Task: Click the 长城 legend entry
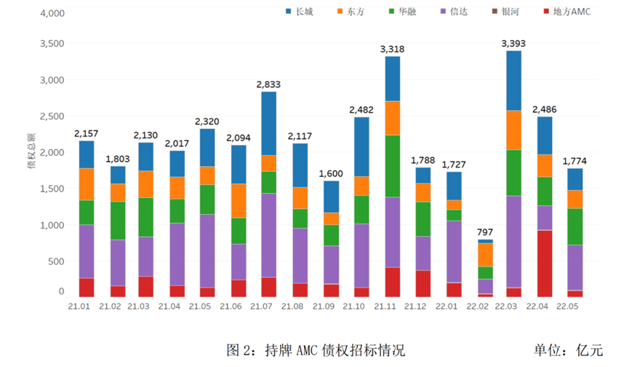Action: (298, 12)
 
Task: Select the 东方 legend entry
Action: (351, 12)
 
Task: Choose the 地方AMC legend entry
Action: (566, 12)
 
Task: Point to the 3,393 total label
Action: (513, 44)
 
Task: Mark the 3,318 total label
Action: (393, 49)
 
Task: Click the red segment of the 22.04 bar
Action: (544, 263)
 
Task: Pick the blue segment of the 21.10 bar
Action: (362, 146)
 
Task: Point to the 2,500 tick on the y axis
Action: (52, 117)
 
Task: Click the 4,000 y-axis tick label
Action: (52, 14)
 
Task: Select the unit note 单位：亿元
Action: (568, 350)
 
